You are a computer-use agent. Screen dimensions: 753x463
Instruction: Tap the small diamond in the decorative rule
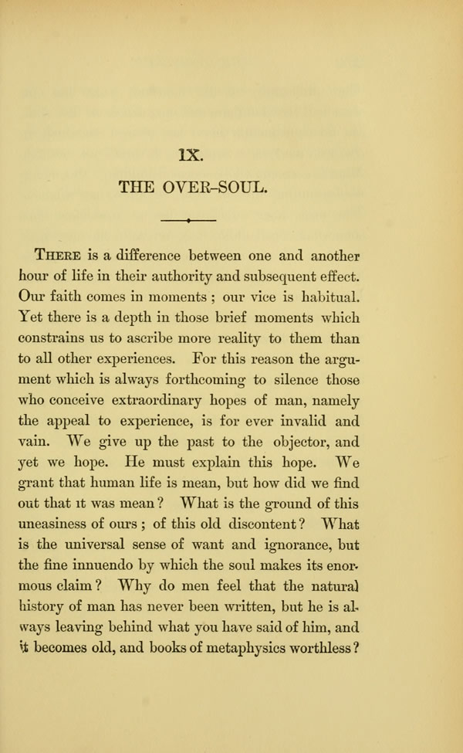click(x=188, y=221)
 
